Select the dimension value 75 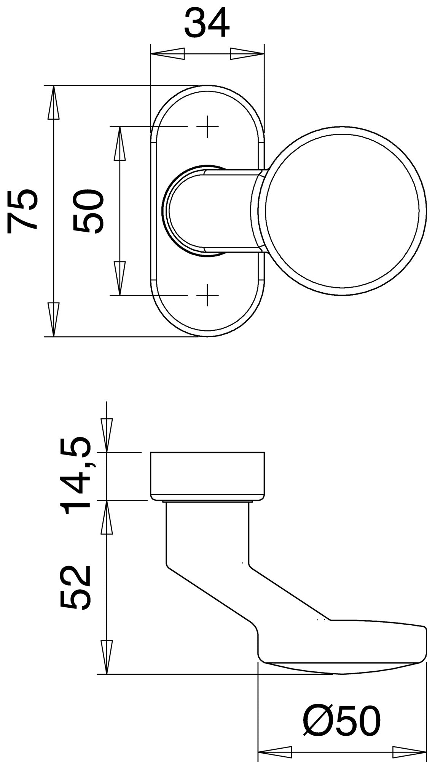(x=23, y=210)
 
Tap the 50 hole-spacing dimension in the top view (x=88, y=211)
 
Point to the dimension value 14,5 (x=76, y=476)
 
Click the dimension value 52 (x=76, y=587)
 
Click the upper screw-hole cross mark (x=207, y=126)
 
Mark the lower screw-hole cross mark (x=207, y=295)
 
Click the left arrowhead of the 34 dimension (x=167, y=54)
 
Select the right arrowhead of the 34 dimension (x=247, y=54)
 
